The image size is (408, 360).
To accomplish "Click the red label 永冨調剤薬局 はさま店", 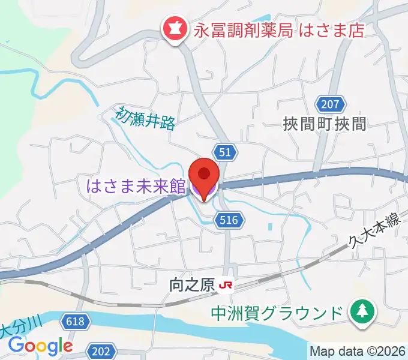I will pos(279,30).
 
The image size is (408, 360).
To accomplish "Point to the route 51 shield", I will pos(225,152).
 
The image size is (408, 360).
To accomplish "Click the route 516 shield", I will pos(231,220).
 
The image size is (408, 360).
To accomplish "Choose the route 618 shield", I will pos(76,322).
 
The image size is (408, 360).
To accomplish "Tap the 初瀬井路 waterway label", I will pos(146,117).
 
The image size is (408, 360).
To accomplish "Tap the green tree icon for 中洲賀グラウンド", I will pos(362,312).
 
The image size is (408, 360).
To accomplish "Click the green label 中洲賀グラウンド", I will pos(277,313).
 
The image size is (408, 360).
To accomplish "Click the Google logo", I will pos(40,346).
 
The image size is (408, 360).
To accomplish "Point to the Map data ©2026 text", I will pos(358,351).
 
